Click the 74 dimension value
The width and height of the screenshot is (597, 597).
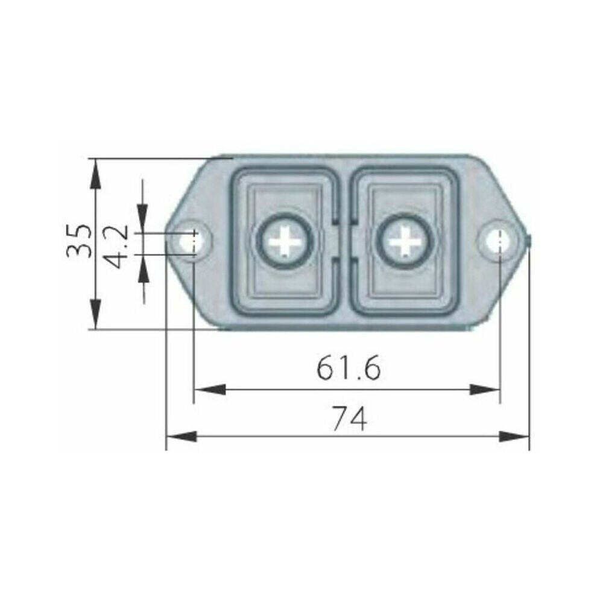[x=350, y=419]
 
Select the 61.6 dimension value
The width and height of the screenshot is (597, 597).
[x=349, y=368]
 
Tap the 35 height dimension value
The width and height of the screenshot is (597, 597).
[x=79, y=241]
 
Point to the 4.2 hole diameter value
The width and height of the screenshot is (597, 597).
[x=116, y=247]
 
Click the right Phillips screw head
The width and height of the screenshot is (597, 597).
[x=405, y=241]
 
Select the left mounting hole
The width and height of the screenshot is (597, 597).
[x=192, y=241]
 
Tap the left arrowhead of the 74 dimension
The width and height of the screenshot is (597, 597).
[x=182, y=437]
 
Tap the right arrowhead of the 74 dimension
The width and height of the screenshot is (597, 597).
[x=514, y=437]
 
